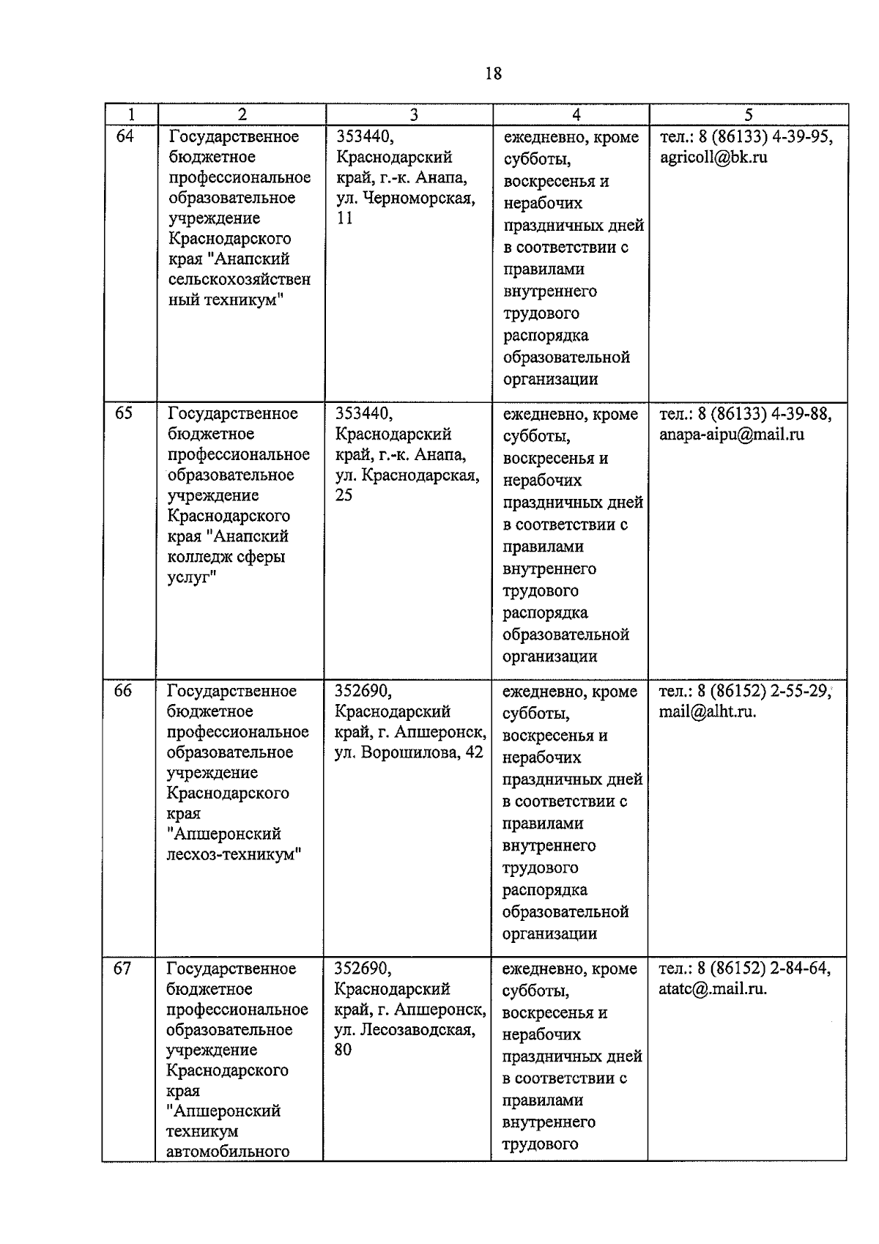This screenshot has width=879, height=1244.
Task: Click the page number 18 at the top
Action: click(x=493, y=73)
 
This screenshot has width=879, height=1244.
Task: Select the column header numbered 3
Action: click(x=414, y=114)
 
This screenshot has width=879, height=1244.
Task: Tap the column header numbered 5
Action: click(x=748, y=114)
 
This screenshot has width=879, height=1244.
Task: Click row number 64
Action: click(x=125, y=136)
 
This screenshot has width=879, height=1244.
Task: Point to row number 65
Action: click(x=124, y=413)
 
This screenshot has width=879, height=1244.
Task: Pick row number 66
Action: click(x=123, y=691)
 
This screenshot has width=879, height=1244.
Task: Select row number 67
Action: click(x=122, y=968)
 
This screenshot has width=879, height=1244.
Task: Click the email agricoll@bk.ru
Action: click(x=713, y=157)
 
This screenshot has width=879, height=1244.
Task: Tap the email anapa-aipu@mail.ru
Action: click(x=732, y=434)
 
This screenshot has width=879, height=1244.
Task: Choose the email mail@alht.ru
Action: click(x=708, y=711)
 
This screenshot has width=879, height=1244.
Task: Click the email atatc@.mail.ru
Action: click(x=713, y=988)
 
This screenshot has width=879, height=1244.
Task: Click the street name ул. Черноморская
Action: click(x=405, y=198)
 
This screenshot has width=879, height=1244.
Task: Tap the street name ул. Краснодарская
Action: click(x=407, y=475)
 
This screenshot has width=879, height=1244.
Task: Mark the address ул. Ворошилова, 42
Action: click(x=409, y=752)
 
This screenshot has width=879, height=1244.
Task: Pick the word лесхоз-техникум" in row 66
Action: click(x=234, y=854)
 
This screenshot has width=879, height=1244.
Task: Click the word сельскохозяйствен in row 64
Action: click(x=240, y=279)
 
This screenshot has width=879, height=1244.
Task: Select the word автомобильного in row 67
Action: click(x=228, y=1152)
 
